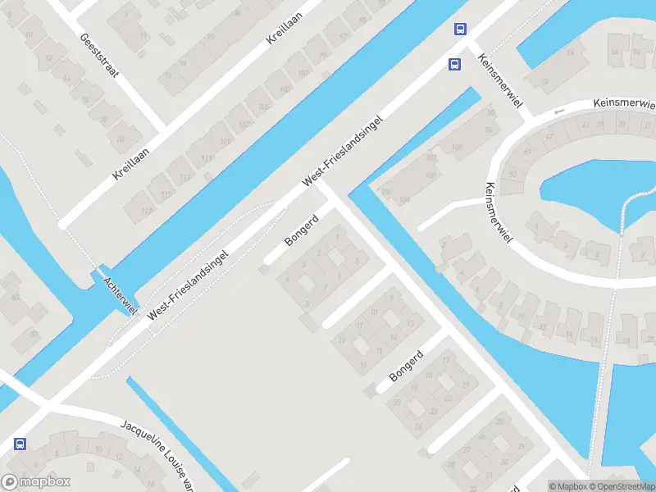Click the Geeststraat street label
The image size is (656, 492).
coord(99,56)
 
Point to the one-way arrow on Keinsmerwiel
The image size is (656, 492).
coord(560,112)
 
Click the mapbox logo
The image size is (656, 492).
coord(36,482)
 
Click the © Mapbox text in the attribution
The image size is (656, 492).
coord(567,486)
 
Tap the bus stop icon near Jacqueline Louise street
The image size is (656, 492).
coord(19,444)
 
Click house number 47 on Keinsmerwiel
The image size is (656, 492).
coord(549,136)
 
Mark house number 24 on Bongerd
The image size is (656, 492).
coord(418,426)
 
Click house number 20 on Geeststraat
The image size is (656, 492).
coord(121,140)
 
